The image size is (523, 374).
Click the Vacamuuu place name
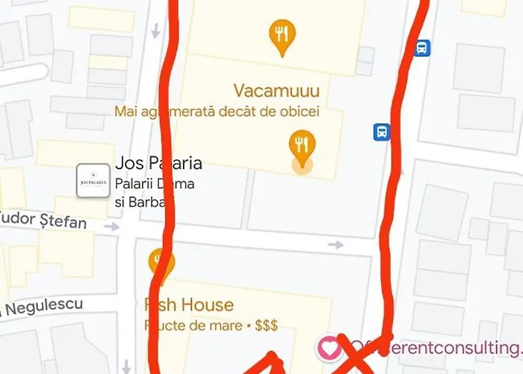(276, 92)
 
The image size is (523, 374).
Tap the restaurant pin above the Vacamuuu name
(282, 37)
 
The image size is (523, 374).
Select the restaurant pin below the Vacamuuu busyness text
(302, 146)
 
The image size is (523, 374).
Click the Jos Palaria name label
(158, 163)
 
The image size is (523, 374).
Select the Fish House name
(189, 305)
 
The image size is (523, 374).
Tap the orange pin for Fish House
(160, 263)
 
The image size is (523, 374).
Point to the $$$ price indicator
(266, 326)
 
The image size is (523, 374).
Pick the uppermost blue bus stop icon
(422, 49)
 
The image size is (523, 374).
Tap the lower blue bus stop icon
(382, 132)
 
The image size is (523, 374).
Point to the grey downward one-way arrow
(155, 31)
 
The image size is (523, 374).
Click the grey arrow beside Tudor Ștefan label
(111, 226)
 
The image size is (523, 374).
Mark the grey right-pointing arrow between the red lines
(335, 245)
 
